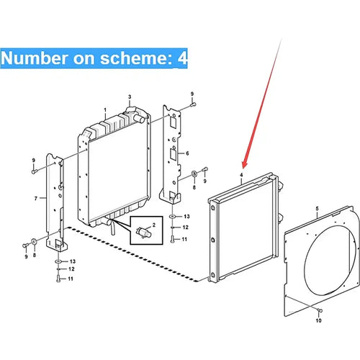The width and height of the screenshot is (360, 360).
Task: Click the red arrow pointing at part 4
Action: [x=263, y=103]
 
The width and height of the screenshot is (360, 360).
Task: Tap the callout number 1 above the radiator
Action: [x=105, y=110]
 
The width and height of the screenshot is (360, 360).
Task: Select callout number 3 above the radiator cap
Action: [x=130, y=97]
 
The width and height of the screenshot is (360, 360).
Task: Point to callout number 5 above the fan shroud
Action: [x=317, y=209]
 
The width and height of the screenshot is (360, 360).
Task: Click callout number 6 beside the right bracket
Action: [x=187, y=153]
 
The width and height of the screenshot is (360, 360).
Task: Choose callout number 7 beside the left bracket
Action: [x=36, y=199]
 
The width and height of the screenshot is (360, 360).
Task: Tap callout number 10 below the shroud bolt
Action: [x=318, y=320]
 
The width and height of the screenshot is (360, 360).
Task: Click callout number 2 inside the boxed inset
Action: [x=154, y=225]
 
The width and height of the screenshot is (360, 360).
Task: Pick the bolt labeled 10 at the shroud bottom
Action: [x=320, y=310]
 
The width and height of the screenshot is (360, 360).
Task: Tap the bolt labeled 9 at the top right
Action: [x=193, y=104]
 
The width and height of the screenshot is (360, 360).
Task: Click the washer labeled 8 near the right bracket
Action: [x=194, y=174]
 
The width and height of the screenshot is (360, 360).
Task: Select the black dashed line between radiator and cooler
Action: [x=132, y=254]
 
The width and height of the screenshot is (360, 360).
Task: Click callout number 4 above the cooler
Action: [x=241, y=175]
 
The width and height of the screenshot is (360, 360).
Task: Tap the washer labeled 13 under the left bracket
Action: [x=58, y=261]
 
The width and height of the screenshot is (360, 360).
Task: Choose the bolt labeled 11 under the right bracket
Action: [x=172, y=239]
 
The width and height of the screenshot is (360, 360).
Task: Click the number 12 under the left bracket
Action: [x=71, y=269]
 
